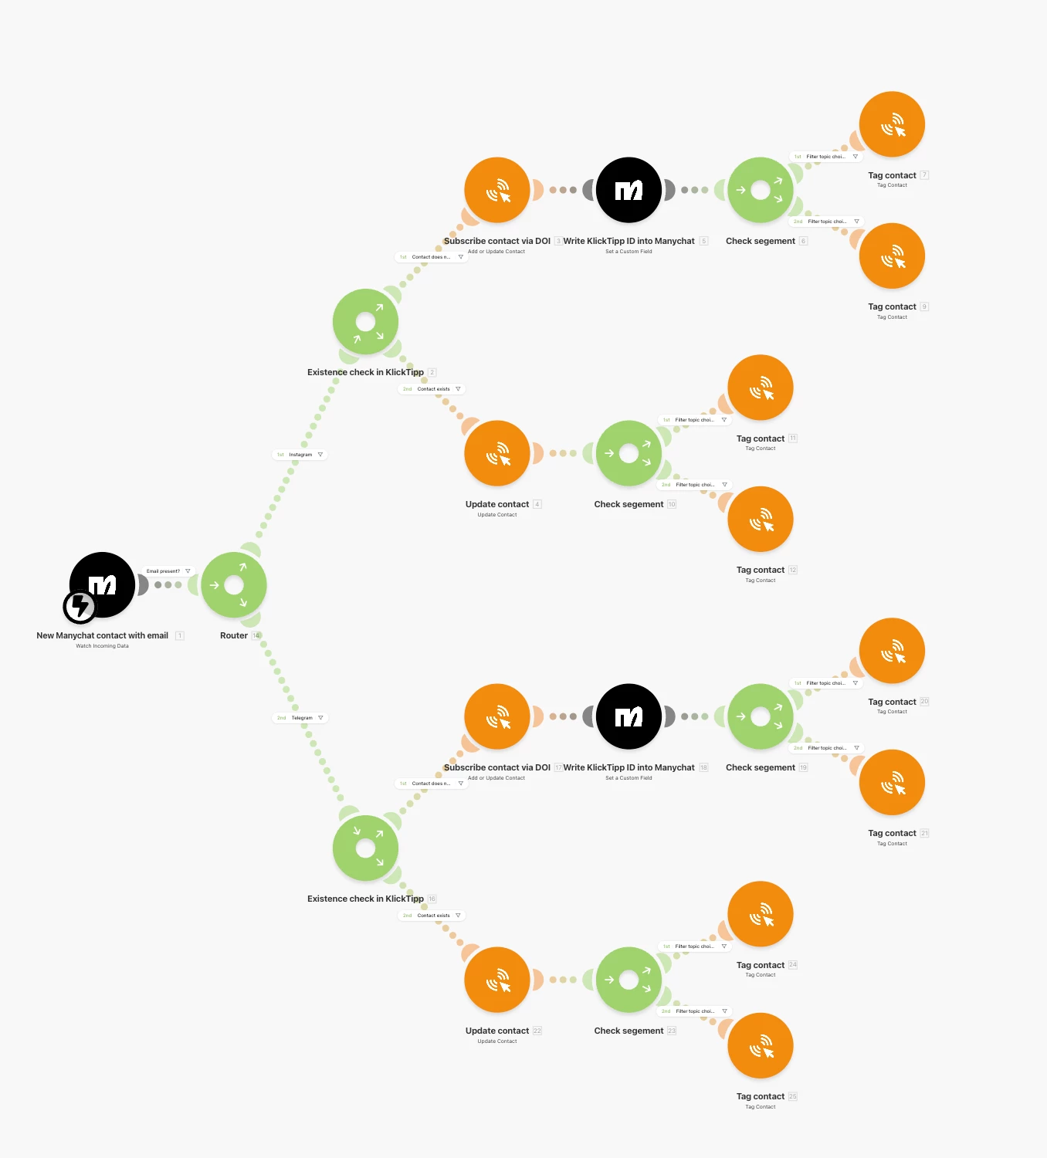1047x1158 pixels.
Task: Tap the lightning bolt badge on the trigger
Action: click(80, 607)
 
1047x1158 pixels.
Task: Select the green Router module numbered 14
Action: click(234, 585)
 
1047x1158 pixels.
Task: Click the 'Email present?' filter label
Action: click(164, 571)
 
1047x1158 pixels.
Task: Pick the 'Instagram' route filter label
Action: click(300, 455)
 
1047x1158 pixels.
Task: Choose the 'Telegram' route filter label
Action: click(301, 718)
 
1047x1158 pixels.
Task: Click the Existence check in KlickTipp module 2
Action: click(365, 322)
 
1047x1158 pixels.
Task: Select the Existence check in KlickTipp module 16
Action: click(365, 848)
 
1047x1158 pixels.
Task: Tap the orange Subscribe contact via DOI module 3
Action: click(497, 190)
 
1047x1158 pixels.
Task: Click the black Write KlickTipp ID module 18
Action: click(629, 716)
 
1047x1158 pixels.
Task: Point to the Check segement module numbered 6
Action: click(761, 190)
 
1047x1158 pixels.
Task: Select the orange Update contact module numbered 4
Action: click(497, 453)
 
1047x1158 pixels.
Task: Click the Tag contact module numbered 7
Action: click(892, 124)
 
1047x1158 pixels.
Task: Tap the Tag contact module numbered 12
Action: click(761, 519)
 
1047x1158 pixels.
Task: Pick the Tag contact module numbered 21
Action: click(892, 782)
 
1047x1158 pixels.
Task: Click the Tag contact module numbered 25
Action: click(761, 1045)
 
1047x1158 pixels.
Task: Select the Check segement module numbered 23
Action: click(629, 980)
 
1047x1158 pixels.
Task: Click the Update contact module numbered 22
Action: click(497, 980)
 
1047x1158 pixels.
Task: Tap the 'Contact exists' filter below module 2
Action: click(432, 389)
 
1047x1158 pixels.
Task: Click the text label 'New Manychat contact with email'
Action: click(102, 636)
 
